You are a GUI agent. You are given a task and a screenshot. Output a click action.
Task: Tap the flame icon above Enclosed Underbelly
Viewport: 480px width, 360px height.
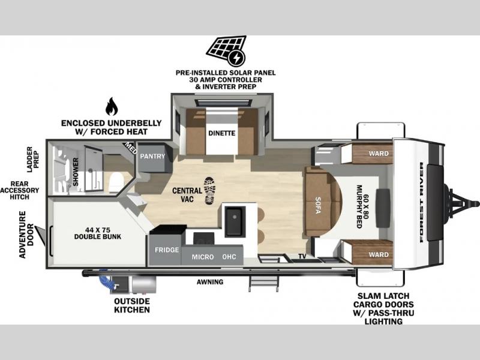pos(112,107)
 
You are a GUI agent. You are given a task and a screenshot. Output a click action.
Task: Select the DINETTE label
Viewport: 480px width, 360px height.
pos(222,133)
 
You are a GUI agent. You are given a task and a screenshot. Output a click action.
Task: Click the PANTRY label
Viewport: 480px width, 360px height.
pos(152,156)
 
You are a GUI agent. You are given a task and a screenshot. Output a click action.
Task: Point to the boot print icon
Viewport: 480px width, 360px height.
pos(209,191)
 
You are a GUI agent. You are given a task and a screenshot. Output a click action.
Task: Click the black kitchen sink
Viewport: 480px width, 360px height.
pos(235,221)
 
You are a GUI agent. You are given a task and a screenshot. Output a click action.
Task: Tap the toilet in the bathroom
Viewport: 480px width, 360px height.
pos(116,182)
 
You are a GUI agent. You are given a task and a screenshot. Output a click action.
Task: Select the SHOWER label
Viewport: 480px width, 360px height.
pos(76,172)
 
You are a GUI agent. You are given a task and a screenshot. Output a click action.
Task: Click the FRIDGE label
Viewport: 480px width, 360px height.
pos(167,250)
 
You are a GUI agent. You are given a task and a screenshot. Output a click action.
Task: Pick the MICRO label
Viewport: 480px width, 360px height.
pos(203,257)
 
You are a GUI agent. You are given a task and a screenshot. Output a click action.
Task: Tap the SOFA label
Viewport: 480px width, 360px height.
pos(318,205)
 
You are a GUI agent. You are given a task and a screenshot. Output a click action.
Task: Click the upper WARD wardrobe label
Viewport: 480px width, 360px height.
pos(379,154)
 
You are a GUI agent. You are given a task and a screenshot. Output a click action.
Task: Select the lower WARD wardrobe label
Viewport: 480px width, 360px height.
pos(379,254)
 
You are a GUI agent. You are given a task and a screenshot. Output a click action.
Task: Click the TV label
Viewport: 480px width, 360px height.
pos(302,256)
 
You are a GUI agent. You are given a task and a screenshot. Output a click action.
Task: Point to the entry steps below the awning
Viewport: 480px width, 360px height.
pos(263,283)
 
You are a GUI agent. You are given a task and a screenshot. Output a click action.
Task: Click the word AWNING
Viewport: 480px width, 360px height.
pos(210,281)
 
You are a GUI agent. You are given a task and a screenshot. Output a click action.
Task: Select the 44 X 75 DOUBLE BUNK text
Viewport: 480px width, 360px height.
pos(98,233)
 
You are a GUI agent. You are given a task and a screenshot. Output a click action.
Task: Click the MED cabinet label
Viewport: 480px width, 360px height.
pos(130,148)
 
